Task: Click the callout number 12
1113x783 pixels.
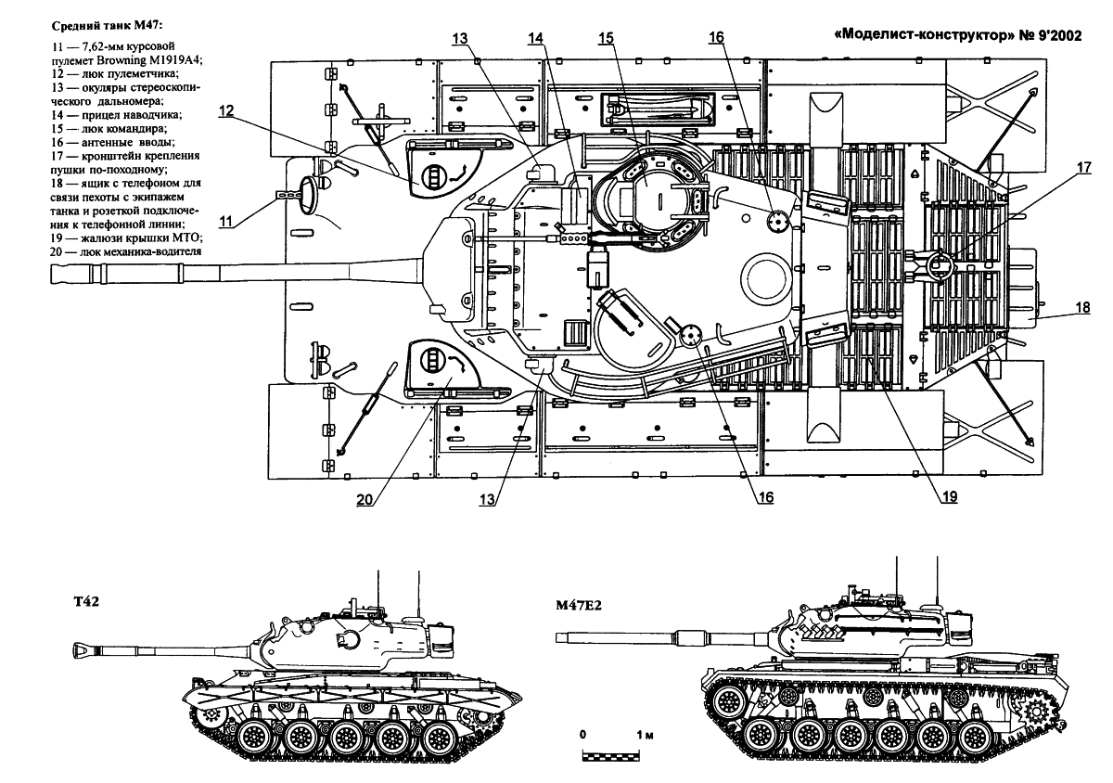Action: (226, 110)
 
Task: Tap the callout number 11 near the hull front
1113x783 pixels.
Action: (226, 221)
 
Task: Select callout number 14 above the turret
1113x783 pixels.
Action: (536, 38)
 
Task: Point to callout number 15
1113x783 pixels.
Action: (606, 38)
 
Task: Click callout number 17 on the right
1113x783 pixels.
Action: (1084, 167)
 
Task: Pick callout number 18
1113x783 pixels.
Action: (1083, 307)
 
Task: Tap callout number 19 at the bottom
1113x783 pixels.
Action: (949, 497)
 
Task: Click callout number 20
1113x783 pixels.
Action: (365, 498)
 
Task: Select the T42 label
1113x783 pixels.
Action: (86, 601)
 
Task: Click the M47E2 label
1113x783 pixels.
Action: (579, 606)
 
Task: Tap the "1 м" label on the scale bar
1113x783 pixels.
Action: (646, 734)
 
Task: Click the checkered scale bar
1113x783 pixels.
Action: (610, 757)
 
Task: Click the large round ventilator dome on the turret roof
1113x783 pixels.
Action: (766, 276)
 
